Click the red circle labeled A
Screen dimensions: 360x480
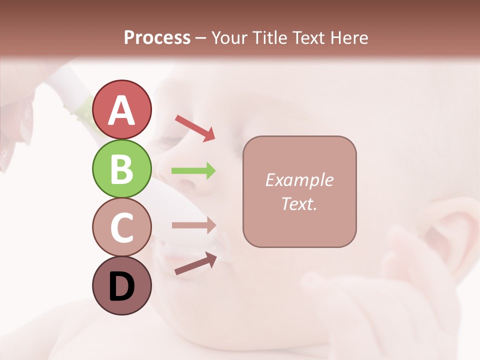pyautogui.click(x=121, y=109)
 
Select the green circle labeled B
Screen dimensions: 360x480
pyautogui.click(x=121, y=168)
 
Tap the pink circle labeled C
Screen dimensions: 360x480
pyautogui.click(x=121, y=227)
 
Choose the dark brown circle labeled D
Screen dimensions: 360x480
pyautogui.click(x=121, y=285)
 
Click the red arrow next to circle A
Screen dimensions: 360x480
pyautogui.click(x=195, y=127)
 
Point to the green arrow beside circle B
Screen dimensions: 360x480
pyautogui.click(x=193, y=171)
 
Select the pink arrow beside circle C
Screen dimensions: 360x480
pyautogui.click(x=193, y=225)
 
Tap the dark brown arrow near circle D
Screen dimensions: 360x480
pyautogui.click(x=195, y=263)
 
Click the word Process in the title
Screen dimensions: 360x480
pyautogui.click(x=157, y=38)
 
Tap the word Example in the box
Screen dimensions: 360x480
pyautogui.click(x=299, y=180)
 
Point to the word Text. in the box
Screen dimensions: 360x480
pyautogui.click(x=299, y=203)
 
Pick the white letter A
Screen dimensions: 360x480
pyautogui.click(x=121, y=110)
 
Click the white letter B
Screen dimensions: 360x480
pyautogui.click(x=121, y=169)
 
